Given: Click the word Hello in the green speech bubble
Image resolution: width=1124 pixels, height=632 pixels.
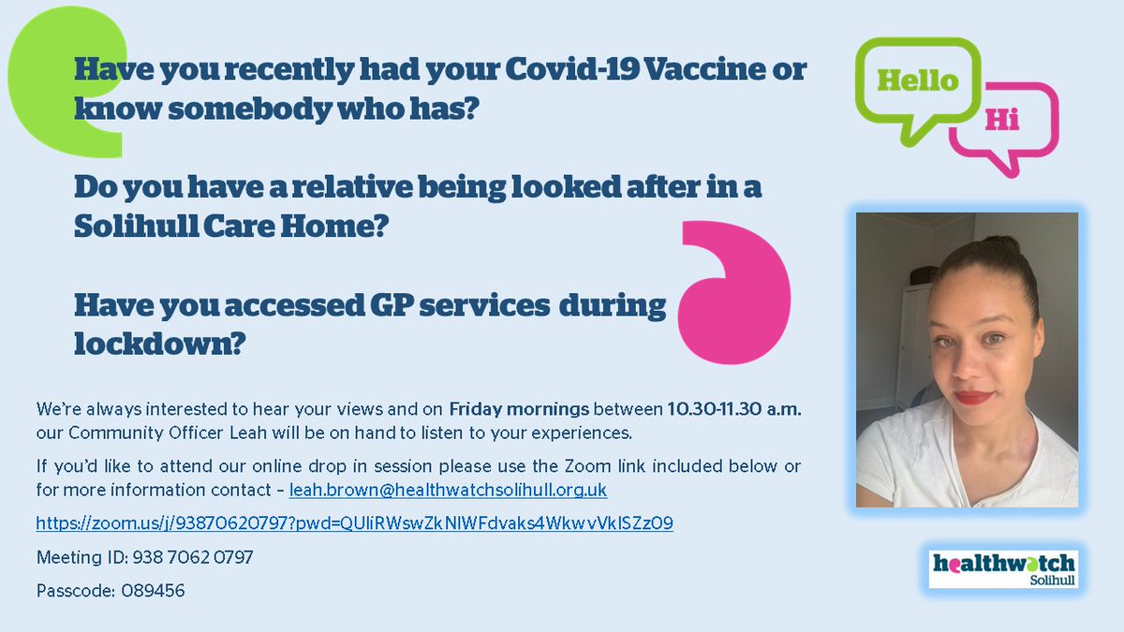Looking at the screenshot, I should (x=917, y=81).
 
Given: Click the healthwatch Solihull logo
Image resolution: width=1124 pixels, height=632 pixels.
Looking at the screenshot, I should (x=1003, y=568).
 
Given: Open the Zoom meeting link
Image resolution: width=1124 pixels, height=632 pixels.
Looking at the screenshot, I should (x=354, y=523).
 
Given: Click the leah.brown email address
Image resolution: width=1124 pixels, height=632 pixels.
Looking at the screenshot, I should (x=449, y=490).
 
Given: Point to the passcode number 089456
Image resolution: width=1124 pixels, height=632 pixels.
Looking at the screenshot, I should (x=153, y=591).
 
